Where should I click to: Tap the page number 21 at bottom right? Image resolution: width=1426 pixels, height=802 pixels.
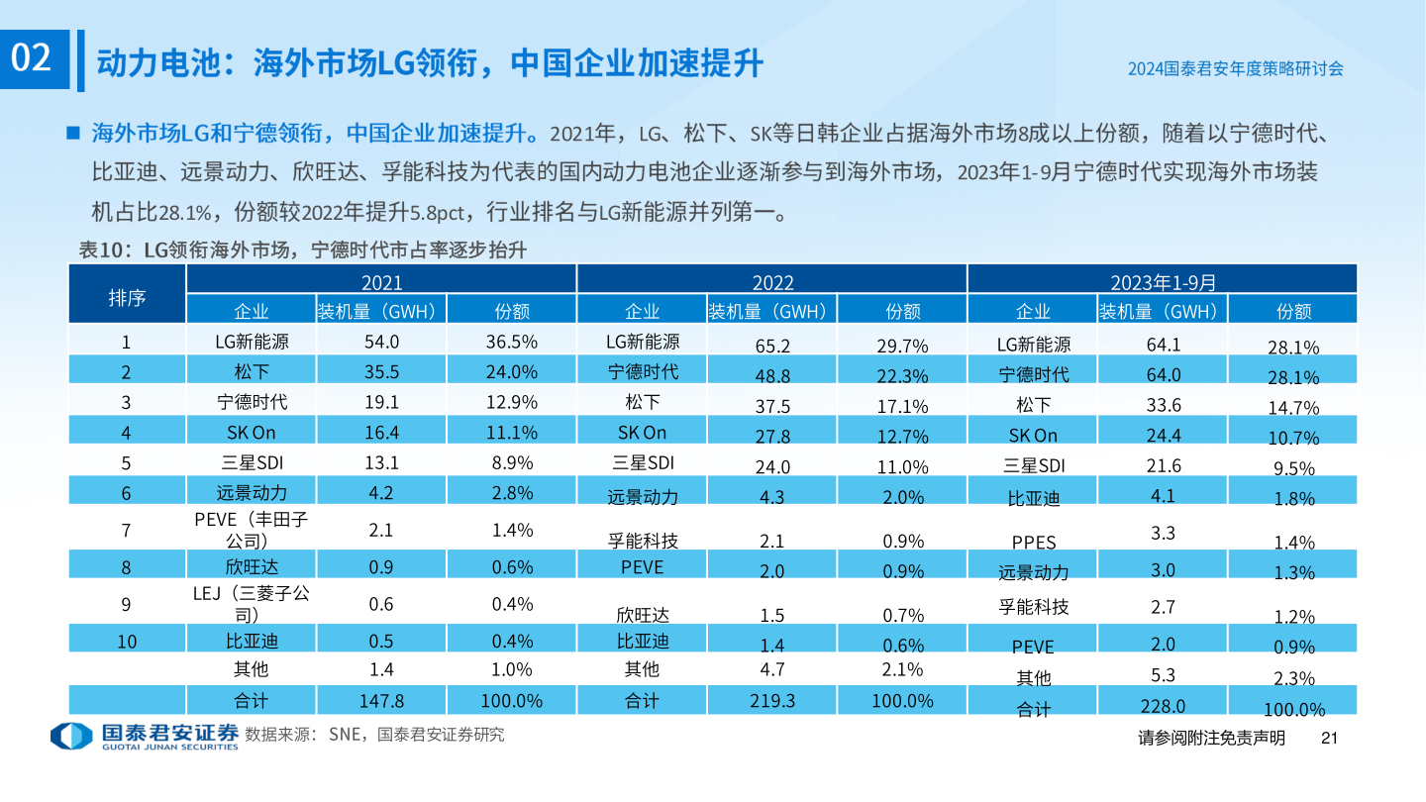(x=1329, y=738)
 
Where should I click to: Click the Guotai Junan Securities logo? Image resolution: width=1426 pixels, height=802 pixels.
(x=145, y=736)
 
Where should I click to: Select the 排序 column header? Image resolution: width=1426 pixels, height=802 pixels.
(x=126, y=297)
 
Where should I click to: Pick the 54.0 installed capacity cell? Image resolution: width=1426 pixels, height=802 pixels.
(x=382, y=343)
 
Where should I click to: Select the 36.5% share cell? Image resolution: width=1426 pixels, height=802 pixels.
(x=512, y=343)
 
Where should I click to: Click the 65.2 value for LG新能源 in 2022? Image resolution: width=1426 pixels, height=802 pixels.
(x=772, y=347)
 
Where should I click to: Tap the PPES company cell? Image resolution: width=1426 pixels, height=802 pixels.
(x=1033, y=543)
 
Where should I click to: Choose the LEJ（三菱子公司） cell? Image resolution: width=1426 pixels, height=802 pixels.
(x=252, y=603)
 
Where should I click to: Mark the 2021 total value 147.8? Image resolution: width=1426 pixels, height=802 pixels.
(x=382, y=701)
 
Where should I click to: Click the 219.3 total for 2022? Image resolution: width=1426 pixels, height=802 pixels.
(x=772, y=701)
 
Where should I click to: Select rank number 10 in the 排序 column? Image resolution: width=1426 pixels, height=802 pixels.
(x=126, y=641)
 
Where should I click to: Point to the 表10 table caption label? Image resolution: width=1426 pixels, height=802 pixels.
(x=98, y=251)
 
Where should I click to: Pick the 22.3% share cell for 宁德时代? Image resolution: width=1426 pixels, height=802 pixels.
(x=903, y=375)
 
